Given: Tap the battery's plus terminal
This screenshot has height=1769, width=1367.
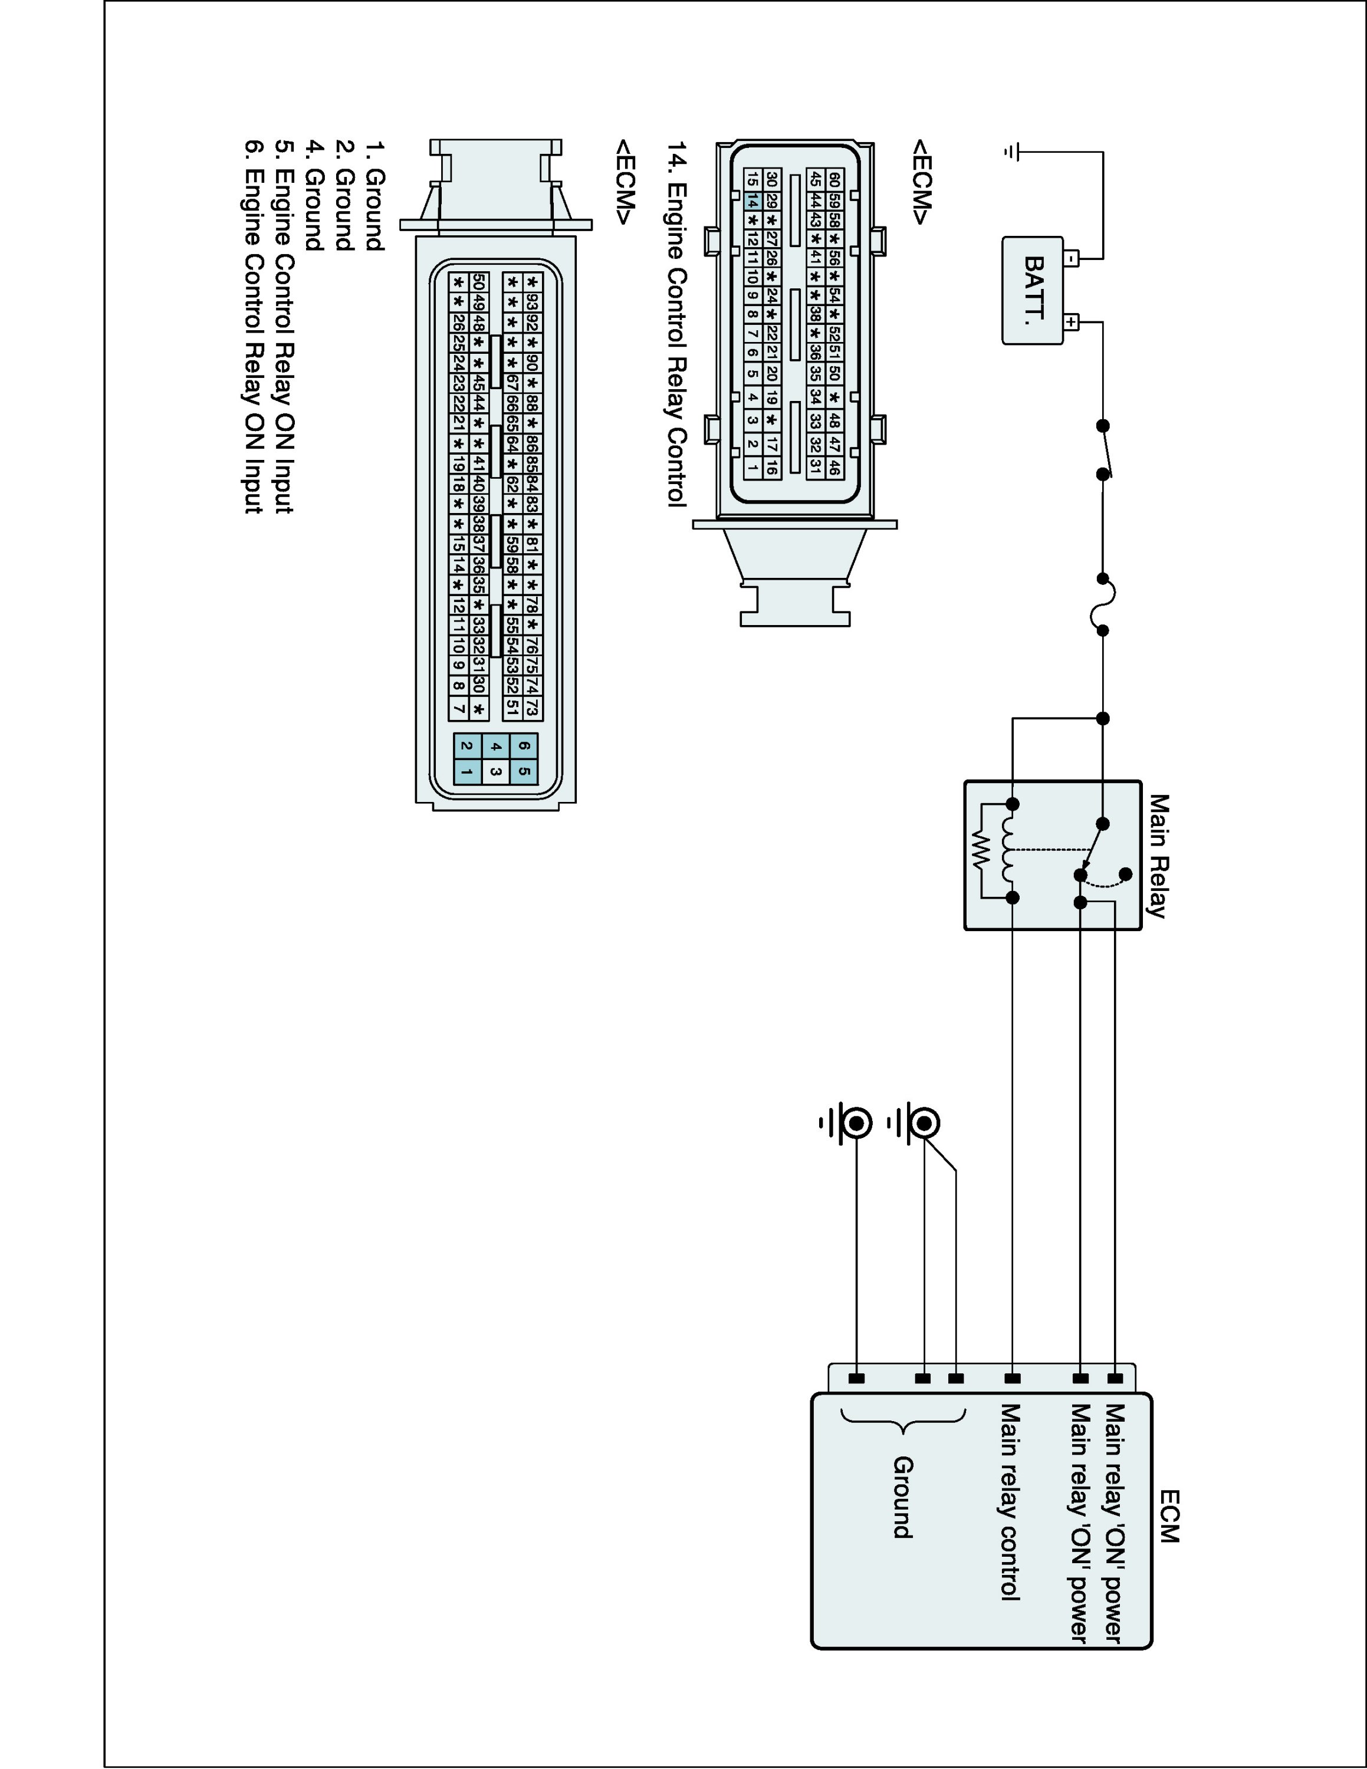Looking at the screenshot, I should point(1072,323).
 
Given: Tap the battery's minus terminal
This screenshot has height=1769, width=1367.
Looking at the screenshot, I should point(1072,259).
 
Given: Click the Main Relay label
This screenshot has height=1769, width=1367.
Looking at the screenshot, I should point(1159,856).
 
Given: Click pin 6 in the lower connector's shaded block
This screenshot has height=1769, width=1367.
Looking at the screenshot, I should point(524,746).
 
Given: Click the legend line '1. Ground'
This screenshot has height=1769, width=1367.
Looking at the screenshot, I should point(374,197).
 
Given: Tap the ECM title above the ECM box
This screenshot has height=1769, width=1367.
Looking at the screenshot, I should point(1169,1515).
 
